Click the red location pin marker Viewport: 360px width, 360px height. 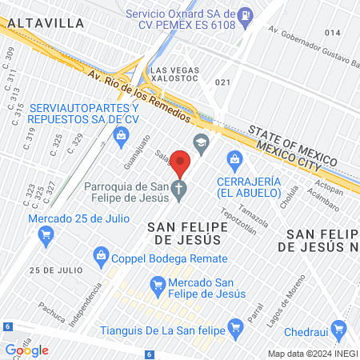click(180, 164)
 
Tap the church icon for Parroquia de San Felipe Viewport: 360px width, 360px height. click(180, 190)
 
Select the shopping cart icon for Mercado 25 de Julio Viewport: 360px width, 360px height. click(46, 234)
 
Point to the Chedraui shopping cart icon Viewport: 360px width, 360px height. click(341, 328)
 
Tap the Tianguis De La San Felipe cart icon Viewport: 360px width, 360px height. click(235, 326)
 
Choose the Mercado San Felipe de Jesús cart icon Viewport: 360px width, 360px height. click(158, 284)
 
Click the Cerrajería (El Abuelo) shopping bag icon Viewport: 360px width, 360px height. click(234, 159)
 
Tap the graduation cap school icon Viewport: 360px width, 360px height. click(200, 142)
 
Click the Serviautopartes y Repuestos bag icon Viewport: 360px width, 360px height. click(121, 134)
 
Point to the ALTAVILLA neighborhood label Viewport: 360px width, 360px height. click(46, 24)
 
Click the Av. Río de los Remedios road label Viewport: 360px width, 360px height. click(140, 96)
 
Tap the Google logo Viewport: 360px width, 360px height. click(27, 350)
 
